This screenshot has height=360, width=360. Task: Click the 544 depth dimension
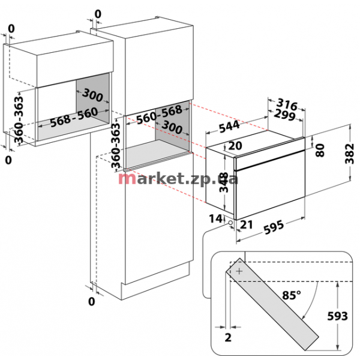(229, 127)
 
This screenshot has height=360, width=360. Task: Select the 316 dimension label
(287, 104)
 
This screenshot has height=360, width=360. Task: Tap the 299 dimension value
(284, 115)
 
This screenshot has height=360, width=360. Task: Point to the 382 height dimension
(350, 154)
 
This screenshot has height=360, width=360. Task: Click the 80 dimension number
(320, 150)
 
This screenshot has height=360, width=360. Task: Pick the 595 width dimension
(274, 227)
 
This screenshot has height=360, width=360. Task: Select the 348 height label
(223, 182)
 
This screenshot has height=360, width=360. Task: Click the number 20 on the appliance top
(235, 146)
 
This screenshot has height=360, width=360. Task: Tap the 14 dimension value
(215, 218)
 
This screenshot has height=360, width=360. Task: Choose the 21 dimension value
(246, 224)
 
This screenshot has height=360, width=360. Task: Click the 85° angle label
(292, 295)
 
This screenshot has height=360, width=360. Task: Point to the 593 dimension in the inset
(337, 316)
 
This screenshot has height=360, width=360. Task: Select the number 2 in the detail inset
(228, 337)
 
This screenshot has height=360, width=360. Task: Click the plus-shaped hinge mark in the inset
(239, 271)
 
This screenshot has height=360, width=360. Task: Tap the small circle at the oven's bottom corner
(230, 223)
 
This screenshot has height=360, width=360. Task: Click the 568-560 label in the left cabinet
(74, 117)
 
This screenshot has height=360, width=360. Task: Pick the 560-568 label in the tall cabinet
(160, 115)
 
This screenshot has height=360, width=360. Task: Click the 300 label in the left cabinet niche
(92, 95)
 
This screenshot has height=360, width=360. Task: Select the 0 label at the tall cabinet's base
(91, 301)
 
